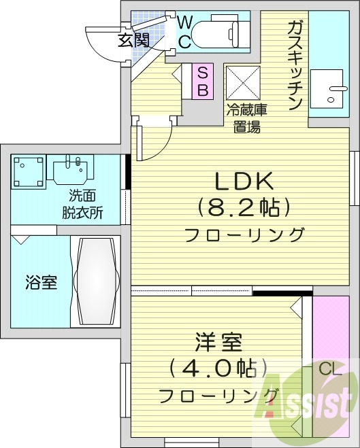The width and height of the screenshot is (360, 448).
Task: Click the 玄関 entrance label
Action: pyautogui.click(x=133, y=40)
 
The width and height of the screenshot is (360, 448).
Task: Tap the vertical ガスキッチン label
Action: pyautogui.click(x=295, y=65)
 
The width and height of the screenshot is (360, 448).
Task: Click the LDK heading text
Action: pyautogui.click(x=244, y=181)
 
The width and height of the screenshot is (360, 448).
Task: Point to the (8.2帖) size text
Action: pyautogui.click(x=244, y=207)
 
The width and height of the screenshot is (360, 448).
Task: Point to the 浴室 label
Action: pyautogui.click(x=41, y=282)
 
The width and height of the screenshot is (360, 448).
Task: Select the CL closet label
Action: pyautogui.click(x=329, y=369)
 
